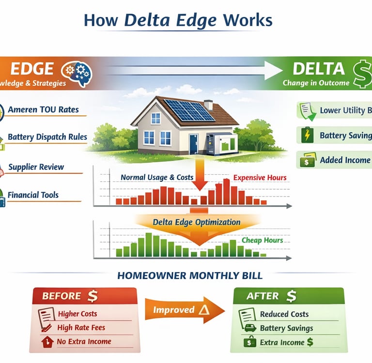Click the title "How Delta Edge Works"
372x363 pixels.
pos(178,20)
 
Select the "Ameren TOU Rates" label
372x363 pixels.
pos(43,109)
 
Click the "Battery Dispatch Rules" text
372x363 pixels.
pos(47,137)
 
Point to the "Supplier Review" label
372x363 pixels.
pos(36,167)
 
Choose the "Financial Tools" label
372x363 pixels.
pos(33,195)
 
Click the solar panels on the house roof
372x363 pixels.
pos(188,110)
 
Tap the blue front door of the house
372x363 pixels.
pos(193,144)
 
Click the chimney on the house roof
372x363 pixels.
pos(208,105)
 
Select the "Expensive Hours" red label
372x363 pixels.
pos(260,178)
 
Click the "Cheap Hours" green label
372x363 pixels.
pos(262,240)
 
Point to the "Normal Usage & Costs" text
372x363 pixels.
pos(157,177)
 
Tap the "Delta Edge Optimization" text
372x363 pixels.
pos(197,222)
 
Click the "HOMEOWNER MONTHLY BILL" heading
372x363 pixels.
pos(190,276)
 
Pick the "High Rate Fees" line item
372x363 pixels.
pos(81,328)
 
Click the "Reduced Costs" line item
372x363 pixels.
pos(284,314)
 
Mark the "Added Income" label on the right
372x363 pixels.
pos(344,160)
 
